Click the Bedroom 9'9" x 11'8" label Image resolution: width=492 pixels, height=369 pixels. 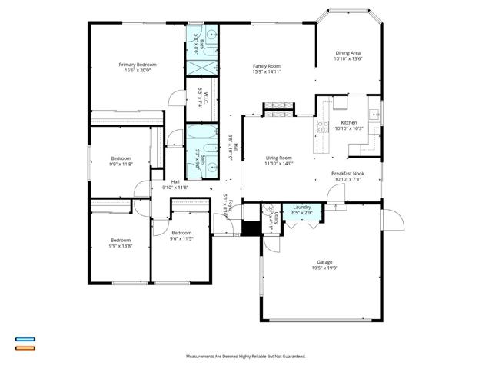coord(120,160)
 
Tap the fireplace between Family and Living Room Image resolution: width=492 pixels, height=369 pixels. coord(274,109)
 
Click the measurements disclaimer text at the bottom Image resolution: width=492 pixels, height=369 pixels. coord(246,357)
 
